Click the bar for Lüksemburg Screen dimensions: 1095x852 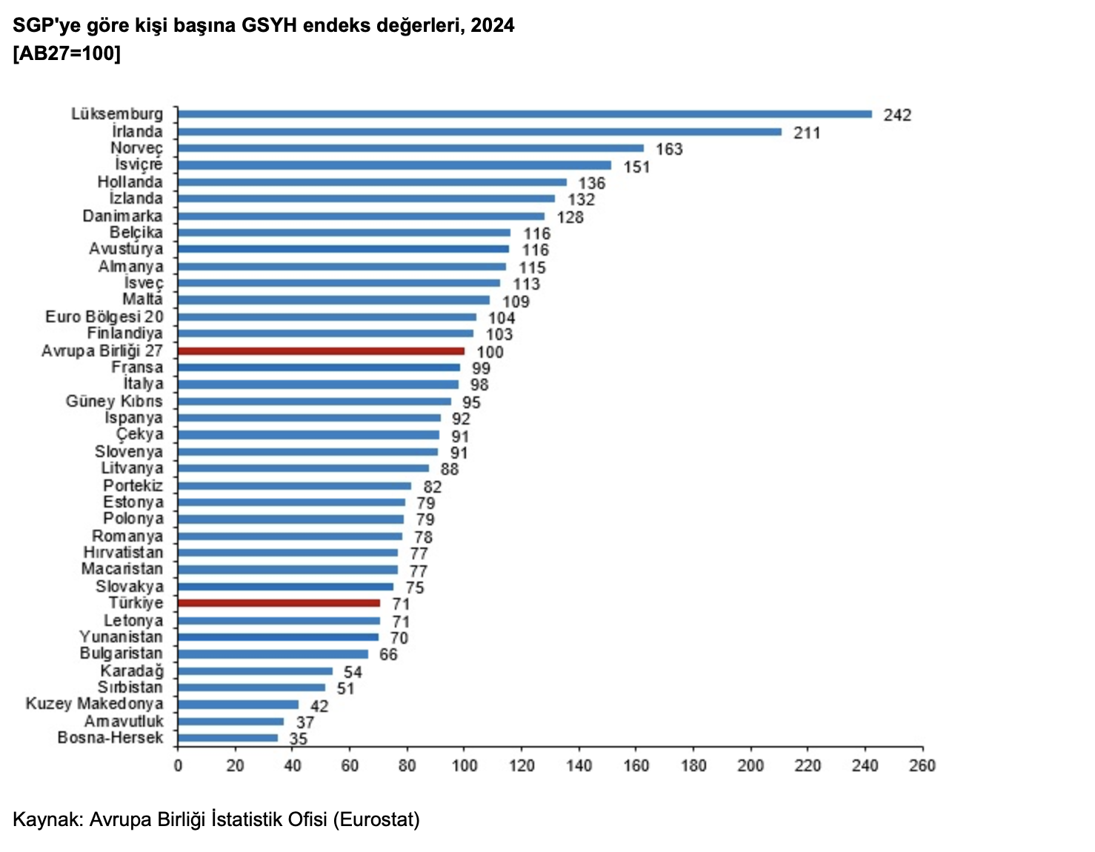[x=525, y=114]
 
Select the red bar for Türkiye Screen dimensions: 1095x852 [x=279, y=603]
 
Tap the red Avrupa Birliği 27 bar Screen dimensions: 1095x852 [x=321, y=351]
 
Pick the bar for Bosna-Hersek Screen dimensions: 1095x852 [x=227, y=738]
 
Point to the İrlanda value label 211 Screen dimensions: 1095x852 [x=807, y=133]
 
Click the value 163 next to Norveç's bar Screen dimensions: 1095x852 [x=669, y=150]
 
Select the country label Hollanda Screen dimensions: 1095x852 [x=130, y=182]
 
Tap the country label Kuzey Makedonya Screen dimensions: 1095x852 [x=95, y=703]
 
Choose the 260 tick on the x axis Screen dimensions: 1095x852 [x=922, y=765]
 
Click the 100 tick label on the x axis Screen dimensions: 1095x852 [x=464, y=765]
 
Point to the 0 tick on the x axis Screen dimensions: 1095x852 [x=178, y=765]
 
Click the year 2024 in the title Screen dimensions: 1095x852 [x=493, y=25]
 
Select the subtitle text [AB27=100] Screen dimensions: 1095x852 [x=67, y=53]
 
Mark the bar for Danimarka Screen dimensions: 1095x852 [x=361, y=216]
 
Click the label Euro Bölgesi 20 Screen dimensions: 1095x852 [x=104, y=317]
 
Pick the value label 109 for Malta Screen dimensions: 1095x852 [x=516, y=302]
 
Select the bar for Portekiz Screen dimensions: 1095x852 [x=294, y=486]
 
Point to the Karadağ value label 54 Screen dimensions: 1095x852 [x=353, y=672]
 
